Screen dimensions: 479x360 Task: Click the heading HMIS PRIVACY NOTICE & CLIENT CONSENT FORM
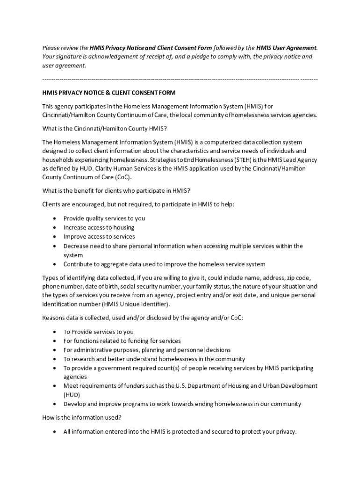[x=109, y=93]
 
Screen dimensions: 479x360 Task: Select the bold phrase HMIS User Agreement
[x=286, y=48]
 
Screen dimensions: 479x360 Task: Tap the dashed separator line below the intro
[x=180, y=79]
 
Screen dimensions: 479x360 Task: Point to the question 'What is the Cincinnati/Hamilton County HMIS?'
[x=105, y=129]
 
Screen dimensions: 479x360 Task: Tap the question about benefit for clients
[x=116, y=191]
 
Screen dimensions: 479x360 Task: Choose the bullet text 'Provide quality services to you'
[x=104, y=218]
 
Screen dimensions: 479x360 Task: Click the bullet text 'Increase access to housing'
[x=99, y=227]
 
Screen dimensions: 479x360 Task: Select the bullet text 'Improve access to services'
[x=99, y=237]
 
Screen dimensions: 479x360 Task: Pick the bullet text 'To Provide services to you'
[x=98, y=332]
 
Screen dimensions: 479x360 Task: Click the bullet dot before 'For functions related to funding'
[x=55, y=341]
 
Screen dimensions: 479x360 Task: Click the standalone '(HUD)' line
[x=72, y=395]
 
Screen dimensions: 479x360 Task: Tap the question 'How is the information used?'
[x=82, y=418]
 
